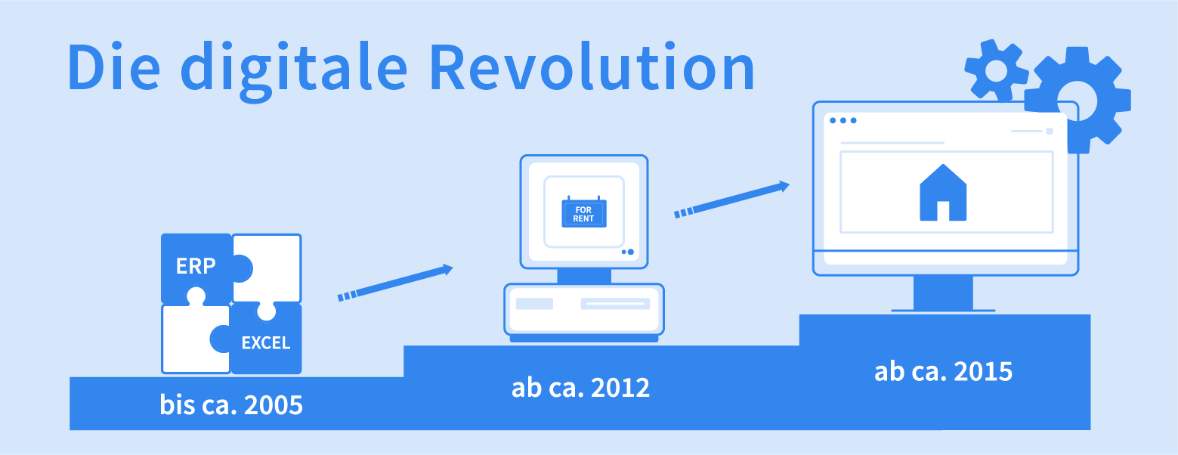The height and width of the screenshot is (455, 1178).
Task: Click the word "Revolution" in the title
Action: (x=592, y=68)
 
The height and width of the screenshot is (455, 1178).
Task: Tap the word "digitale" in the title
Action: (x=294, y=71)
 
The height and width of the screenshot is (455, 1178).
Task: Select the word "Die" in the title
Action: (x=114, y=68)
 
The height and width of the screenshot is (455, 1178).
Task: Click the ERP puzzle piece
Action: (x=196, y=267)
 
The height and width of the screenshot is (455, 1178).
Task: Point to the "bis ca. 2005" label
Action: (x=231, y=405)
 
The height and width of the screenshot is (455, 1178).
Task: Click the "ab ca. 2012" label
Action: (x=580, y=388)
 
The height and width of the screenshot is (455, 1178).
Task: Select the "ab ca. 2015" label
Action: (x=944, y=372)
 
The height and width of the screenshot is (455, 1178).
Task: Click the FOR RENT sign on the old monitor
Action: (x=584, y=212)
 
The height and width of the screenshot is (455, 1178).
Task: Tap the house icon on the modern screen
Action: (x=943, y=193)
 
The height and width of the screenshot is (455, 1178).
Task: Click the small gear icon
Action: (x=995, y=70)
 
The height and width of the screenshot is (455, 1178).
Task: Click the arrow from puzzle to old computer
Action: (x=395, y=283)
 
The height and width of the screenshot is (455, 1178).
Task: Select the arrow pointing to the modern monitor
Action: (x=732, y=200)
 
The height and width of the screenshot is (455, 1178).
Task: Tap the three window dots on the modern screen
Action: (x=843, y=120)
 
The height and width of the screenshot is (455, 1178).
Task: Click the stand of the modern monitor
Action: (x=943, y=293)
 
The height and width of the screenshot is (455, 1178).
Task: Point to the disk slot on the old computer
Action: (x=615, y=304)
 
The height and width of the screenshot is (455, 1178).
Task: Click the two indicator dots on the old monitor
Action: (x=628, y=252)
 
